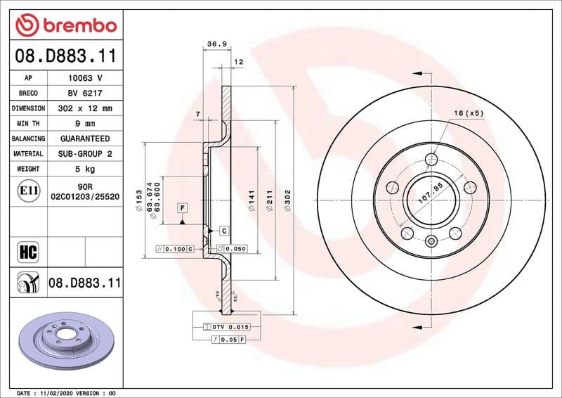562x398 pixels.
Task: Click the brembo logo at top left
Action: (65, 25)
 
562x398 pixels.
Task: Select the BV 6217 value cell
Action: (85, 94)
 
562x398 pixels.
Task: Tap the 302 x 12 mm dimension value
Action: (85, 109)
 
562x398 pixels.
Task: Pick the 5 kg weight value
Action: (85, 169)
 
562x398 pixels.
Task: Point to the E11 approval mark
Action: (28, 191)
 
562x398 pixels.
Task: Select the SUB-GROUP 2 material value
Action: (85, 153)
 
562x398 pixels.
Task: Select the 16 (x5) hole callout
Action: (469, 113)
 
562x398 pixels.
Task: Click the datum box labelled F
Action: (183, 208)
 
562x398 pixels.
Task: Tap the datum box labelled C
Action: (223, 231)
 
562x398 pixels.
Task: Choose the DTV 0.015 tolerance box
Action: (226, 328)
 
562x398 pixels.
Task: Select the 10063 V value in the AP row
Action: (85, 78)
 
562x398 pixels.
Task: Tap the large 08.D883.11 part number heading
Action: (64, 55)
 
